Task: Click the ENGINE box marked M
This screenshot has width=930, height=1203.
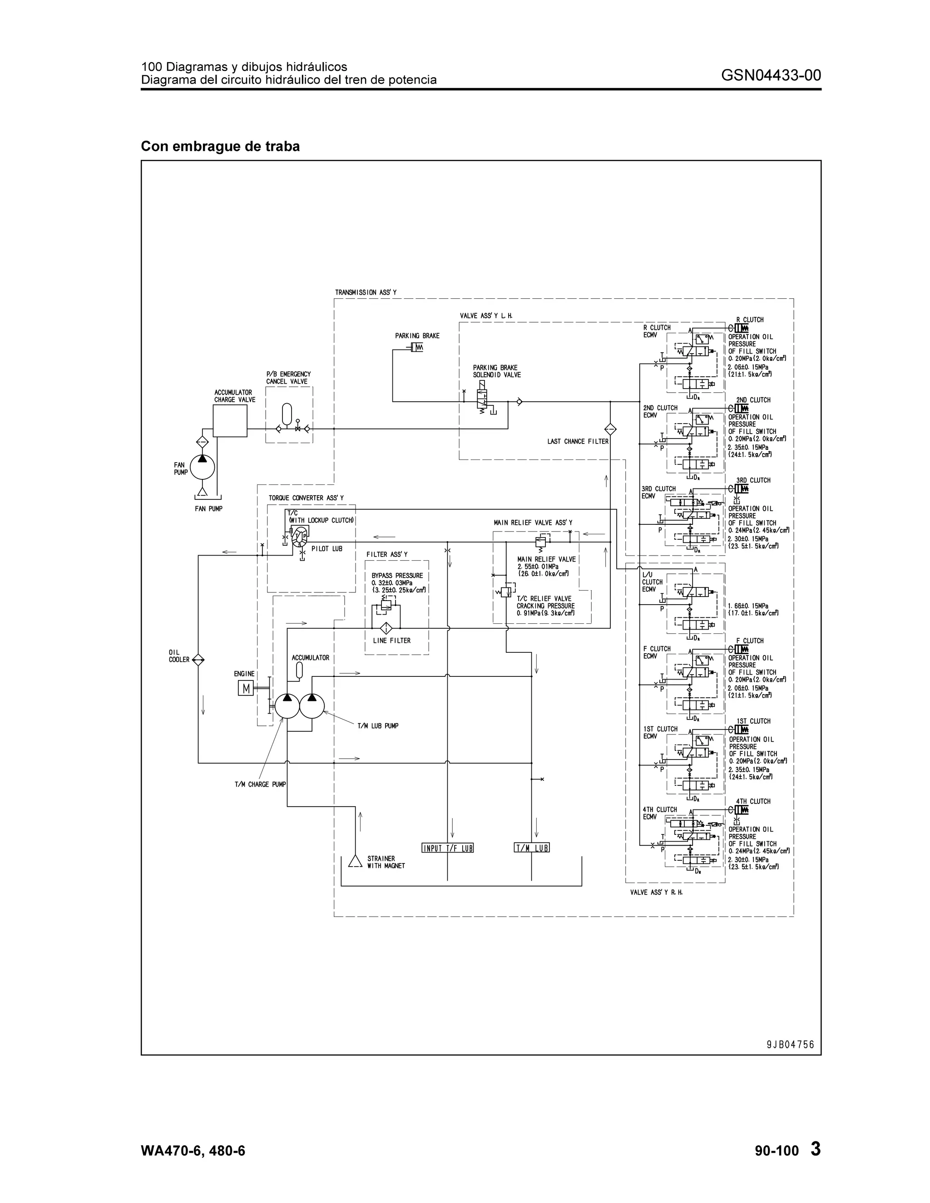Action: pos(246,689)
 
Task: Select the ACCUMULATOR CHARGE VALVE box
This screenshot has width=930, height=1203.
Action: pos(230,421)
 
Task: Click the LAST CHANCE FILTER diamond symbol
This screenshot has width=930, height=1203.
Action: pos(610,429)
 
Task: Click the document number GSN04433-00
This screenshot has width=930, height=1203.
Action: pos(770,75)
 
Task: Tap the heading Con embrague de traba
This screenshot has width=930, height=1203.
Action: pos(220,147)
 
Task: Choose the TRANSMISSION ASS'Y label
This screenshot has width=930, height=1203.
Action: pos(366,292)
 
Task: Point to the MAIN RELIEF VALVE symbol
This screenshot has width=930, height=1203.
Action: pos(540,542)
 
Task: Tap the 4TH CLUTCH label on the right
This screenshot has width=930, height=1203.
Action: pos(753,801)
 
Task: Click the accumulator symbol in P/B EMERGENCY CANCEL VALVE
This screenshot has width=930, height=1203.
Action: pos(286,411)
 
